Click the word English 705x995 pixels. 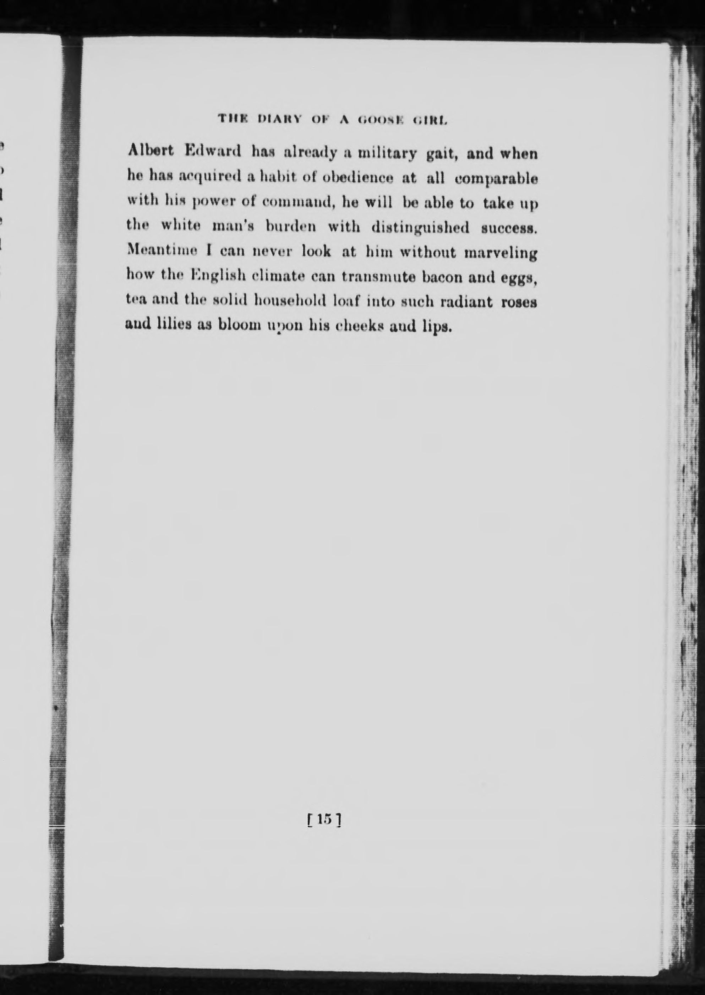click(218, 276)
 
